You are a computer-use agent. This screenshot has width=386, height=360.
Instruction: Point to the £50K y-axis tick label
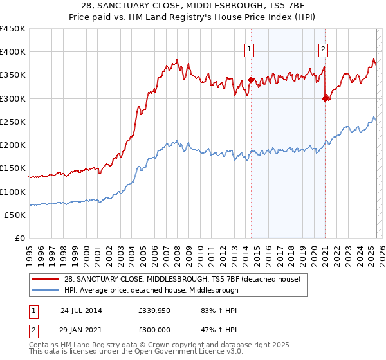click(x=15, y=215)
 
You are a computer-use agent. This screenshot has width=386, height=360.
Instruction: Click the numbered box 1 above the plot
click(x=249, y=48)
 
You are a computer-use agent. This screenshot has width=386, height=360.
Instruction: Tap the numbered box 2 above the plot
click(x=323, y=48)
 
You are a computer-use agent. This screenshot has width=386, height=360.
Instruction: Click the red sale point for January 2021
click(x=325, y=98)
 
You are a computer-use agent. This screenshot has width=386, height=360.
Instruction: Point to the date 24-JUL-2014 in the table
click(x=81, y=310)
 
